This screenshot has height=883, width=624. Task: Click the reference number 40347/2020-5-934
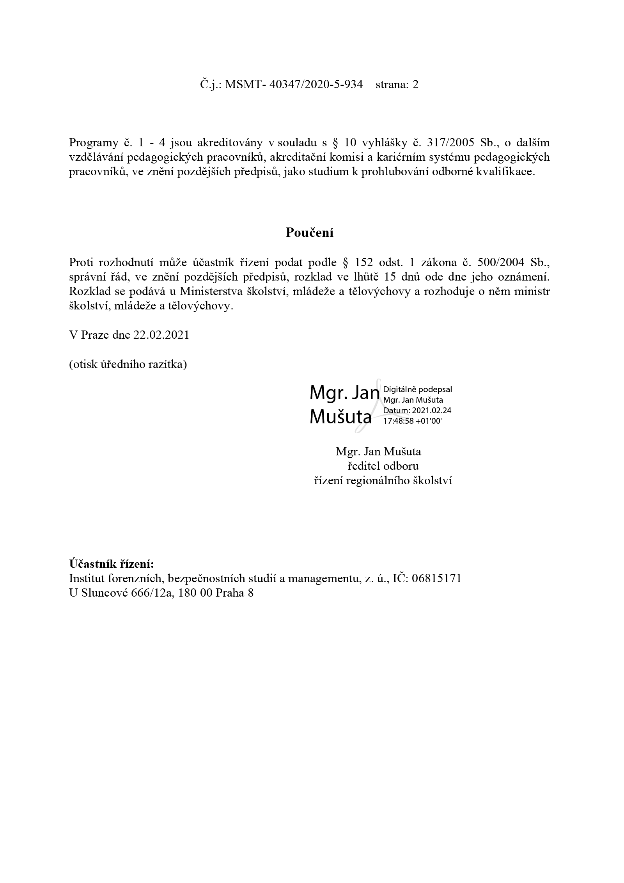tap(316, 85)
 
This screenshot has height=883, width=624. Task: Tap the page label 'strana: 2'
tap(397, 85)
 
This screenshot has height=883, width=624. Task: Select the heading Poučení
tap(309, 233)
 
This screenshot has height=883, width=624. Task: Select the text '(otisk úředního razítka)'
tap(128, 364)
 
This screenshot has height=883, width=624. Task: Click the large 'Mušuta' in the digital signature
tap(340, 417)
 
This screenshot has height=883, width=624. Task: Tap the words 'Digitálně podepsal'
tap(418, 389)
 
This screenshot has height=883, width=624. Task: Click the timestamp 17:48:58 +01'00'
tap(413, 421)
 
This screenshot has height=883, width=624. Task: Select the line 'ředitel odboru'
tap(383, 466)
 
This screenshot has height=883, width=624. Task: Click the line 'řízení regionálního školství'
tap(383, 481)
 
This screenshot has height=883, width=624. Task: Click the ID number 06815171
tap(436, 578)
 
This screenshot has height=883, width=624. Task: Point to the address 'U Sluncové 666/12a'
tap(121, 593)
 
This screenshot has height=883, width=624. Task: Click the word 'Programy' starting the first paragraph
tap(93, 142)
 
